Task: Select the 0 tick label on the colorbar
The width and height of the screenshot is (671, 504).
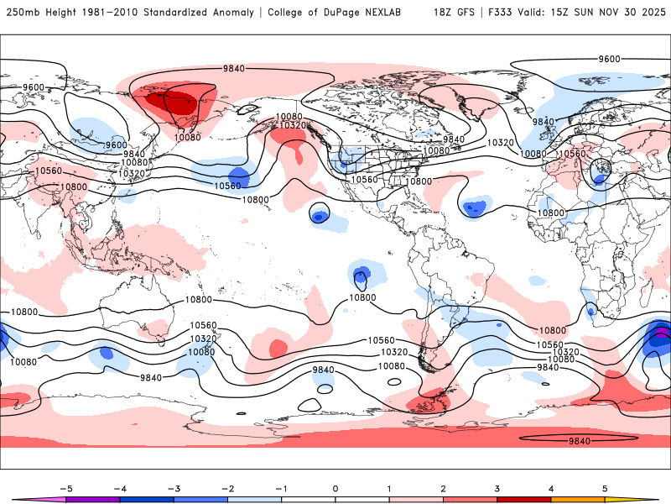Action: tap(335, 488)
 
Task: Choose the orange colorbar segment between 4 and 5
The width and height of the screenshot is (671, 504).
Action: tap(579, 498)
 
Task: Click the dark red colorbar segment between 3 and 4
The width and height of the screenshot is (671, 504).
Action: tap(525, 498)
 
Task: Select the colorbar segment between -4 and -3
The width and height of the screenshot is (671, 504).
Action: tap(146, 498)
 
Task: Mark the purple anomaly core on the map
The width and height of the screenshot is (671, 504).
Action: tap(662, 333)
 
